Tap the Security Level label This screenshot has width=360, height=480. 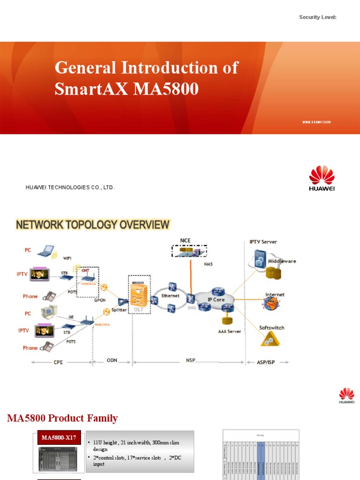(318, 17)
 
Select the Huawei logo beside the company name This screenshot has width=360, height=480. (322, 178)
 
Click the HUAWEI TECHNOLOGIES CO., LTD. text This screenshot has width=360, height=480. (70, 187)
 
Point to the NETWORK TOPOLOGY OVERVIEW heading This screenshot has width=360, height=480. (93, 225)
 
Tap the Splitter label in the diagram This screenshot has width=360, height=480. (119, 310)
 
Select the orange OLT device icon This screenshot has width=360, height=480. (139, 295)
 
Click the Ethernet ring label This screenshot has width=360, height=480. (171, 296)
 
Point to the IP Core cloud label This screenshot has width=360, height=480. (216, 299)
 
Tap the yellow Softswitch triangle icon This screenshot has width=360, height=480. (268, 339)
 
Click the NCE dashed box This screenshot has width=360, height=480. (189, 251)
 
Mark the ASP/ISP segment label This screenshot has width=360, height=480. (266, 362)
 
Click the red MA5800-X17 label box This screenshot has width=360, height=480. (59, 437)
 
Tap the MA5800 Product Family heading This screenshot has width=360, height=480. (62, 418)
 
